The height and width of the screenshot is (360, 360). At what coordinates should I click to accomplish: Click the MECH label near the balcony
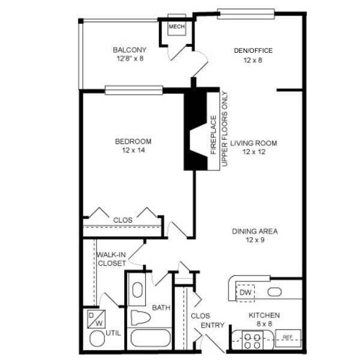click(x=176, y=27)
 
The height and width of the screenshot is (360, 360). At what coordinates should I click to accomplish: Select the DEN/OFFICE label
click(x=253, y=50)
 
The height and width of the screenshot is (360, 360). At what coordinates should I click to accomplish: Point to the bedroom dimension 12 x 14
click(x=133, y=151)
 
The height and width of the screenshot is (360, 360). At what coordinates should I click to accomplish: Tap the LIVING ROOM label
click(x=257, y=143)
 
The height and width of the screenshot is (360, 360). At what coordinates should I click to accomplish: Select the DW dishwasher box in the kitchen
click(x=245, y=292)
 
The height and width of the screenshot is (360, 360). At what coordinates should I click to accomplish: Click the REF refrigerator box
click(x=287, y=337)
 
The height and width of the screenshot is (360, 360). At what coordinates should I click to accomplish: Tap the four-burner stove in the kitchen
click(x=251, y=341)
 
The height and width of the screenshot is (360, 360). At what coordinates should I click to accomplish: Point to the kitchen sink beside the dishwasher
click(x=275, y=293)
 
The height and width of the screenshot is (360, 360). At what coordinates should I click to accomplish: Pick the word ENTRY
click(x=212, y=326)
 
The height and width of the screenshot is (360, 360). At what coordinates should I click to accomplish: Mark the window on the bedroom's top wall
click(x=134, y=90)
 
